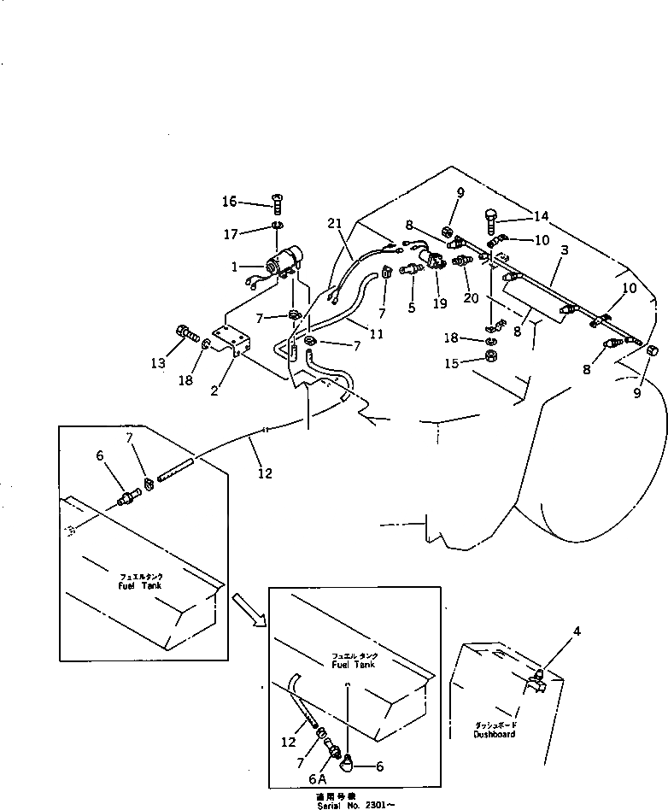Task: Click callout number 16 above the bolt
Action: click(229, 202)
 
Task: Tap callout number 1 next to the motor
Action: click(234, 267)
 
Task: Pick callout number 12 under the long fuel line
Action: click(266, 472)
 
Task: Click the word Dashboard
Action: click(495, 734)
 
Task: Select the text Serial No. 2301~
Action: click(355, 803)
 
